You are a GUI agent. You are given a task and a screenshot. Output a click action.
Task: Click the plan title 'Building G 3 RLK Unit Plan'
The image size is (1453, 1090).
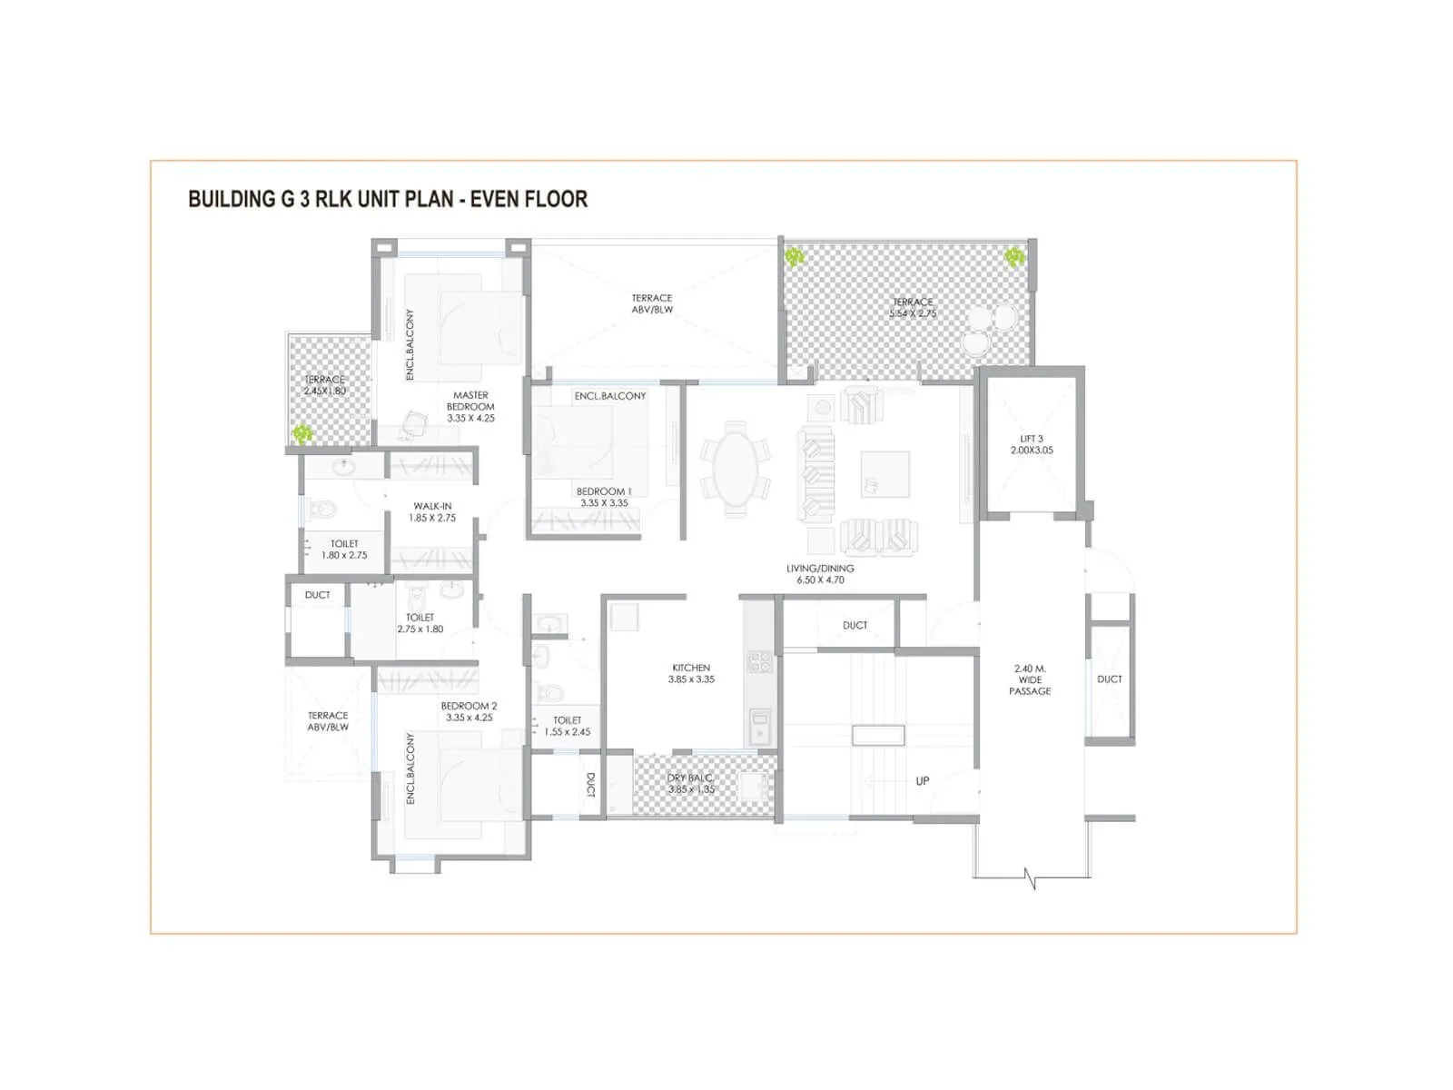387,199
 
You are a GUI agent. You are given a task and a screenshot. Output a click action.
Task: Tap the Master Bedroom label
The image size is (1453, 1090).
470,406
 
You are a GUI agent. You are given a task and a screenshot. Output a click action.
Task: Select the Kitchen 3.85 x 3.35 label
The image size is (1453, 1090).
691,673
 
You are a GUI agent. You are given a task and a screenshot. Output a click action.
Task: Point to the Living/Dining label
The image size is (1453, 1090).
820,574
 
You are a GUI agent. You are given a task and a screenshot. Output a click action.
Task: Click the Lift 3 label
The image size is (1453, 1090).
1032,444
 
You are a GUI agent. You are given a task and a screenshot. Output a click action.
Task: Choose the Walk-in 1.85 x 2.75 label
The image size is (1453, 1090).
432,512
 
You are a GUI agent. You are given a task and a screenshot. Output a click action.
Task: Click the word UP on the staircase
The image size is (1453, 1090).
923,781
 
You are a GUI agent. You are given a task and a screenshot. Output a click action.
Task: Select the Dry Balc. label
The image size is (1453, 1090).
691,784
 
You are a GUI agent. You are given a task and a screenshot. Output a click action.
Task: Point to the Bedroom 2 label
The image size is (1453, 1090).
469,711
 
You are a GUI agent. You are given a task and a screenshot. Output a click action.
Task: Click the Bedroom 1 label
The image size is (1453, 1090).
604,497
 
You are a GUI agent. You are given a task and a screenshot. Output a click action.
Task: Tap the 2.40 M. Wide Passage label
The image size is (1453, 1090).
1030,679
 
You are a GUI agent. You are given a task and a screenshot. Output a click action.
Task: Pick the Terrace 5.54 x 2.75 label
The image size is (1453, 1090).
913,307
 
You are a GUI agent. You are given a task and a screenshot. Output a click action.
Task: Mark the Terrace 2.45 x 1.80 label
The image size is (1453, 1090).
325,385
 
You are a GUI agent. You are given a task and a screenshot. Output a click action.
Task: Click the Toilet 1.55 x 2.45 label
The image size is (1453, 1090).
568,726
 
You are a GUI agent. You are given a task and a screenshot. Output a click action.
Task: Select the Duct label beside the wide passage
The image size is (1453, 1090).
1110,679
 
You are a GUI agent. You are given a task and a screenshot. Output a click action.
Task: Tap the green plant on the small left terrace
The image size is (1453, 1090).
301,435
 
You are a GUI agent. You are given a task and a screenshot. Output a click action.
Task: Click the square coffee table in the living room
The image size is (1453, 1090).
885,474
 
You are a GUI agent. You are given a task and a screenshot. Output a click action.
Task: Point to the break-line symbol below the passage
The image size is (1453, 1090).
1030,878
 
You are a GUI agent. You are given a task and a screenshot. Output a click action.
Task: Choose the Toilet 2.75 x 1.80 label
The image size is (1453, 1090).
420,623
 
